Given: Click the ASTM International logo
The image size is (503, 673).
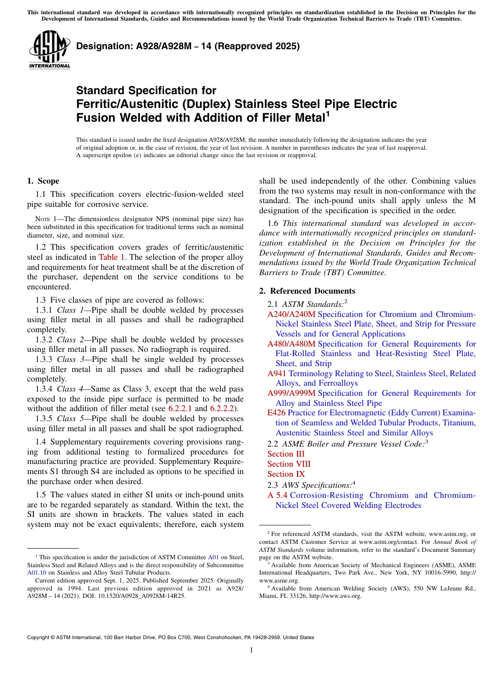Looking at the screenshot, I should (49, 50).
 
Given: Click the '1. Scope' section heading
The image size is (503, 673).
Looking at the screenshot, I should (43, 181).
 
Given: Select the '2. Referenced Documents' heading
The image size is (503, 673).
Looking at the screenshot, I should (307, 291).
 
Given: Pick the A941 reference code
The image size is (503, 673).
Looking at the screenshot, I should (277, 374).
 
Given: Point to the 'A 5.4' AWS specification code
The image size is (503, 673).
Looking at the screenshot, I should (277, 495).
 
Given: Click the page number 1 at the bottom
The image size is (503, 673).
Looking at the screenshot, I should (251, 650).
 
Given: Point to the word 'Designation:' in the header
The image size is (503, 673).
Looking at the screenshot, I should (101, 46).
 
